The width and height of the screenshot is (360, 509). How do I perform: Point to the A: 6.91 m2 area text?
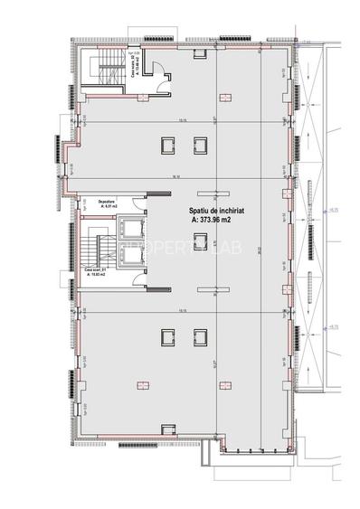click(x=93, y=207)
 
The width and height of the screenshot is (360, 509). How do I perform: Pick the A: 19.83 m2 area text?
click(x=95, y=274)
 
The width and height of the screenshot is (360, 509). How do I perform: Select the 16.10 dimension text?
click(x=182, y=178)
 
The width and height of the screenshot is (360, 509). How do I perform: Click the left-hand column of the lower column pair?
click(x=166, y=336)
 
